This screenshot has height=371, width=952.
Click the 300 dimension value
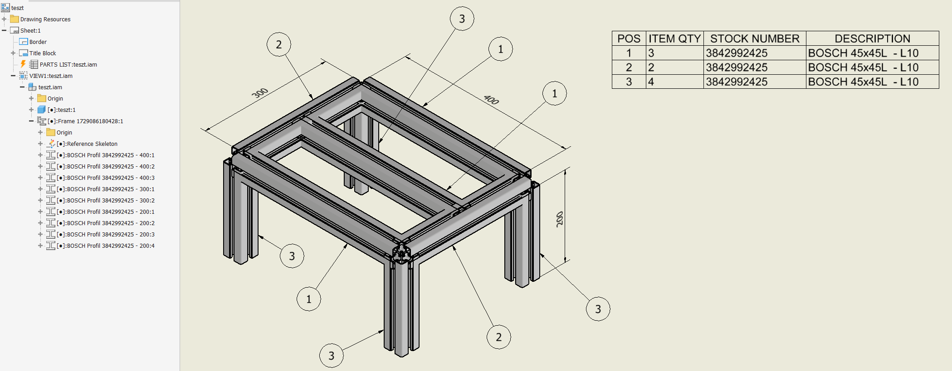pyautogui.click(x=260, y=93)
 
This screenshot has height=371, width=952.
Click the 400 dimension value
pyautogui.click(x=491, y=99)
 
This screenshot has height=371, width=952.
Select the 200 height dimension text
pyautogui.click(x=560, y=219)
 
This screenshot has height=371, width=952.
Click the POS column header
pyautogui.click(x=629, y=39)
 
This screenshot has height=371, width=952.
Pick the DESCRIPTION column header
pyautogui.click(x=872, y=39)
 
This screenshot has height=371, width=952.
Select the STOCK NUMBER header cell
pyautogui.click(x=754, y=39)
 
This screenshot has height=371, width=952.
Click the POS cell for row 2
pyautogui.click(x=629, y=67)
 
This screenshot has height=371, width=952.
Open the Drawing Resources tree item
pyautogui.click(x=45, y=19)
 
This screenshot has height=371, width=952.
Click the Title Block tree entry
pyautogui.click(x=43, y=53)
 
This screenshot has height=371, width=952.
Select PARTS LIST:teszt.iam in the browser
pyautogui.click(x=68, y=65)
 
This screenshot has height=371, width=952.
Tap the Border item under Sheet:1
pyautogui.click(x=38, y=42)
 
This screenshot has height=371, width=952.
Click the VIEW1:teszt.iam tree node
pyautogui.click(x=51, y=76)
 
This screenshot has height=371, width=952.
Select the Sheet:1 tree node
pyautogui.click(x=30, y=31)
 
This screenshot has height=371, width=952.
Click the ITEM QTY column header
pyautogui.click(x=674, y=39)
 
